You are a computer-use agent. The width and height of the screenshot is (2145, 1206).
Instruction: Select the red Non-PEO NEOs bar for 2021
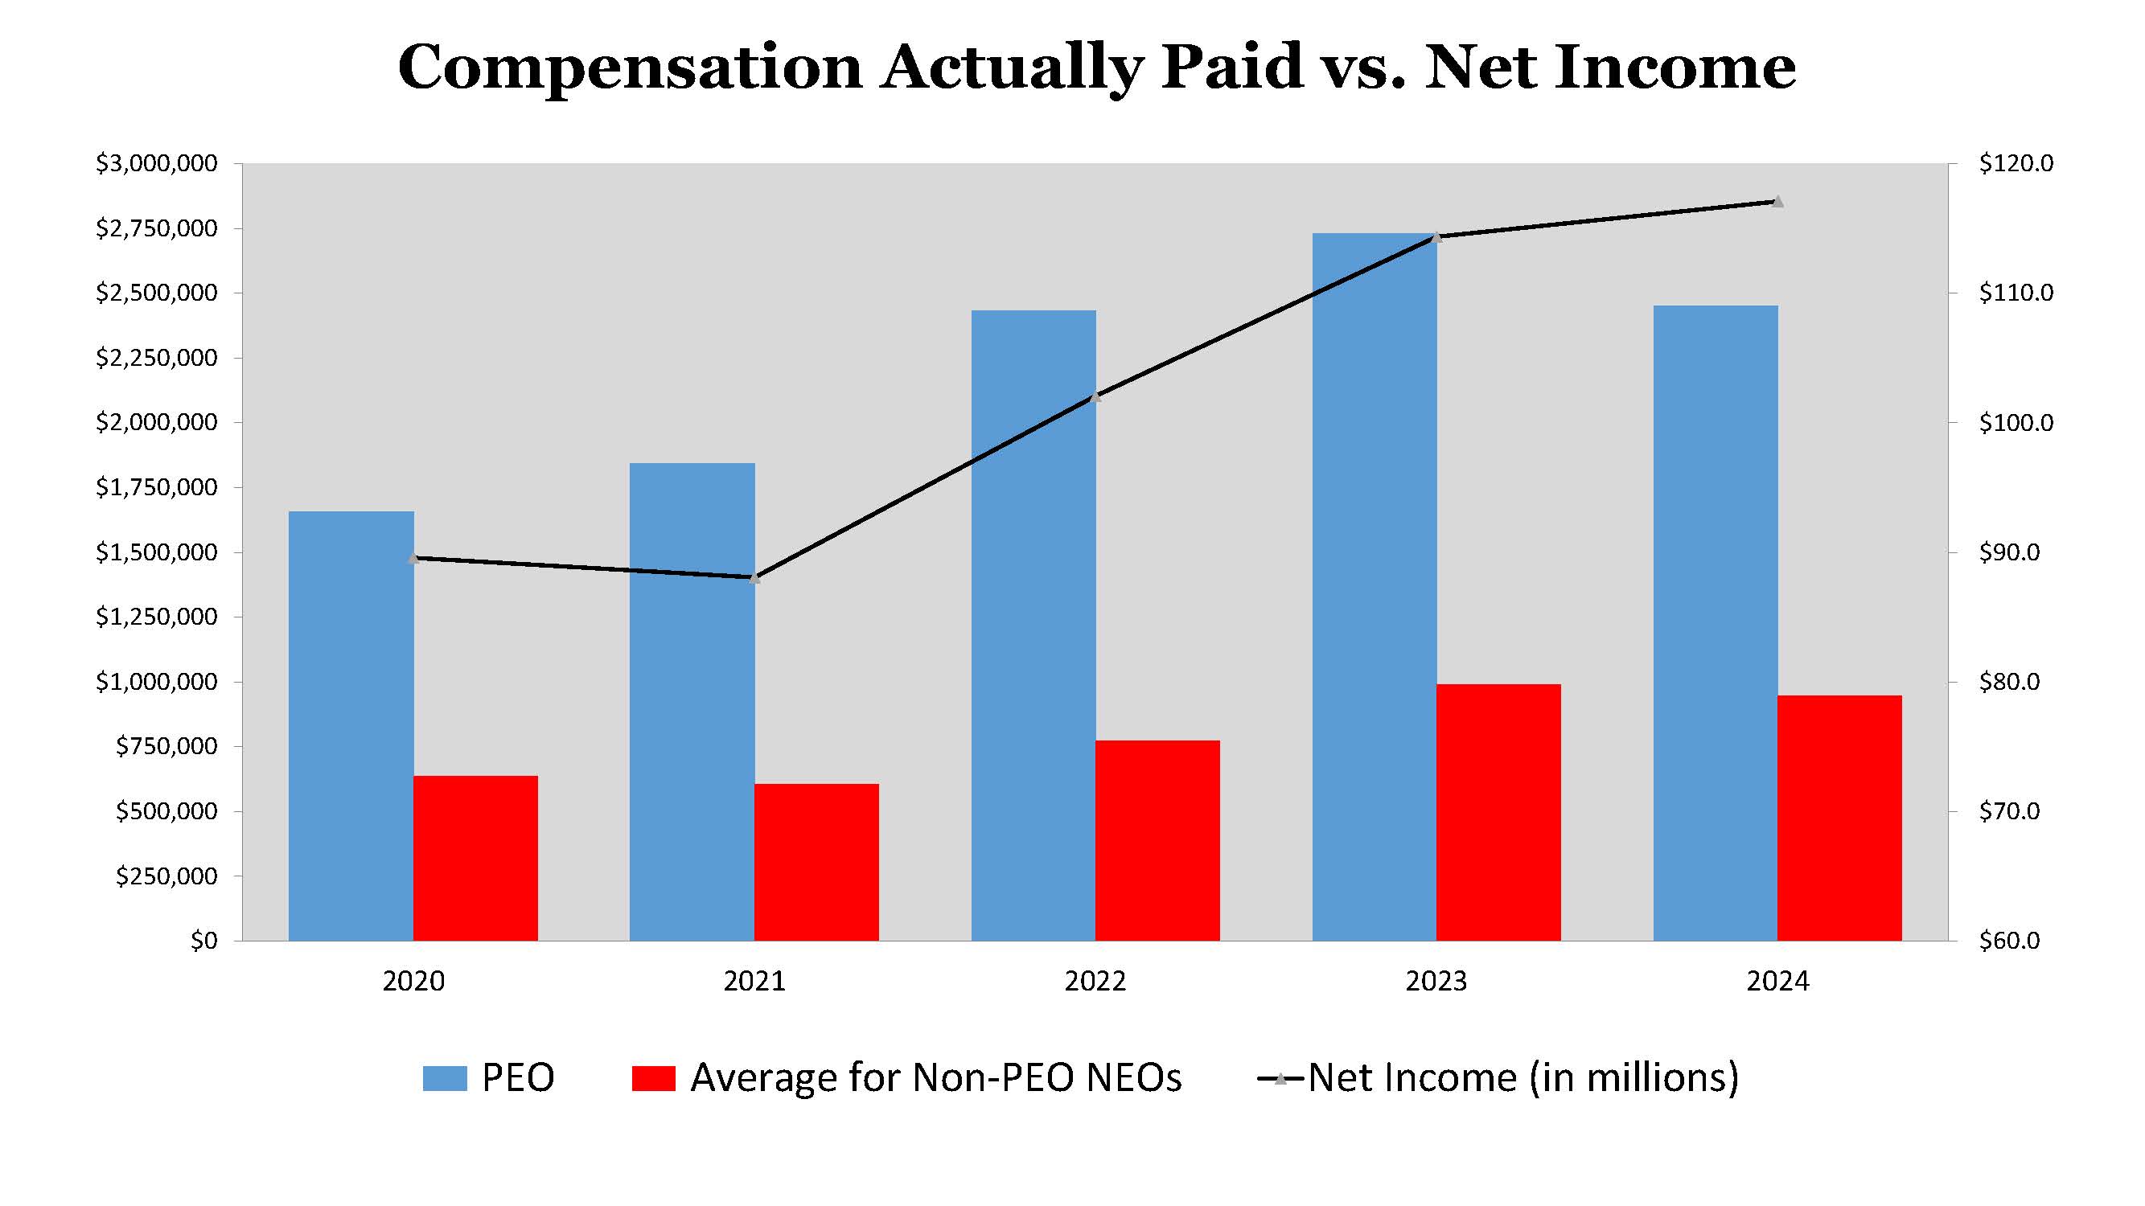pyautogui.click(x=816, y=862)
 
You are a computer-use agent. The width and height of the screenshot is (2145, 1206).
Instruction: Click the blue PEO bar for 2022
pyautogui.click(x=1033, y=625)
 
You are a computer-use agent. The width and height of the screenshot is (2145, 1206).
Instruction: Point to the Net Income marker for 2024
pyautogui.click(x=1777, y=202)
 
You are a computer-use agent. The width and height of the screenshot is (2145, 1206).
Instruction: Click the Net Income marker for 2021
pyautogui.click(x=754, y=577)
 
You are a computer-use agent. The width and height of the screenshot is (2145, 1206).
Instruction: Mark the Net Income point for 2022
pyautogui.click(x=1095, y=397)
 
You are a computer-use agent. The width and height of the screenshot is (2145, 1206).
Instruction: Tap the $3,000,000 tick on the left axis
pyautogui.click(x=157, y=164)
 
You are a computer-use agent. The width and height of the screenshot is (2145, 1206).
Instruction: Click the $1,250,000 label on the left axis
pyautogui.click(x=157, y=617)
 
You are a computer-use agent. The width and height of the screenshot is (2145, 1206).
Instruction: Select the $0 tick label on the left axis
pyautogui.click(x=203, y=941)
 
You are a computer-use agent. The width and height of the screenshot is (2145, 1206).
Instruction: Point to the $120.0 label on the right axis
pyautogui.click(x=2015, y=164)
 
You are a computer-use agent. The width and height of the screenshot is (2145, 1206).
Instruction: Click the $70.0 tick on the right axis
pyautogui.click(x=2008, y=811)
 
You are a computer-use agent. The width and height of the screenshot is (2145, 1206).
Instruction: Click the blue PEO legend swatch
pyautogui.click(x=444, y=1079)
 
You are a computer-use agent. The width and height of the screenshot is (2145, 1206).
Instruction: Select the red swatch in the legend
pyautogui.click(x=653, y=1079)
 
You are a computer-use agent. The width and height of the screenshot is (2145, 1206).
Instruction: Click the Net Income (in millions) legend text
pyautogui.click(x=1523, y=1078)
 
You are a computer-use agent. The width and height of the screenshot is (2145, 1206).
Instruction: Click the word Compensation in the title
pyautogui.click(x=630, y=68)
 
